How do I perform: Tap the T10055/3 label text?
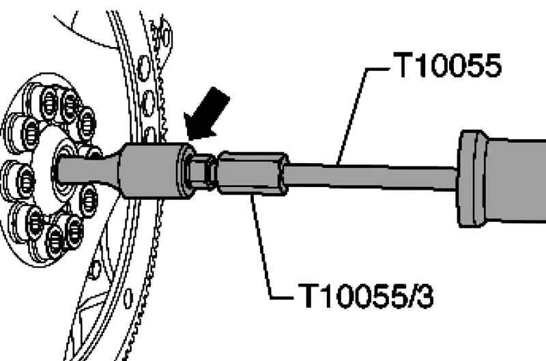click(x=366, y=297)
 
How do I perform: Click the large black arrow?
click(x=209, y=113)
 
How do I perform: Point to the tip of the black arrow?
click(x=188, y=139)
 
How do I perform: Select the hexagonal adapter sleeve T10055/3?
click(x=250, y=173)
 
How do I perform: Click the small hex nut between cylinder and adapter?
click(x=201, y=170)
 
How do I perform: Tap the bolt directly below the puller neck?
click(x=89, y=200)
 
